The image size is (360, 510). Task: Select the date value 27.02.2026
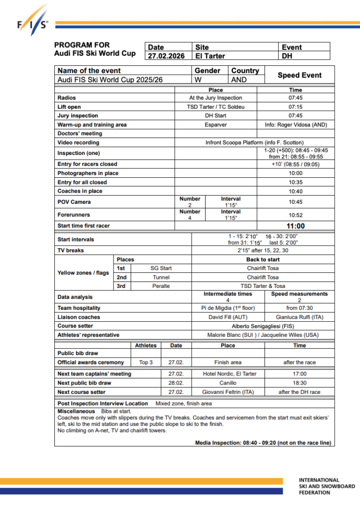tap(166, 56)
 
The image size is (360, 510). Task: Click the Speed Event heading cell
tap(299, 75)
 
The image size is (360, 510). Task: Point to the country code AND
tap(239, 80)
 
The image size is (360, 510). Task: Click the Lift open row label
tap(69, 107)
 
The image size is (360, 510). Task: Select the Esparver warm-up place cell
tap(216, 125)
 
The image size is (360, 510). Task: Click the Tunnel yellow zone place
tap(161, 277)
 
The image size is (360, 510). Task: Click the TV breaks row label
tap(71, 251)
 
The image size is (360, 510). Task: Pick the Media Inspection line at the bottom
tap(263, 443)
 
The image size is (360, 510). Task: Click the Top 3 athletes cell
tap(146, 363)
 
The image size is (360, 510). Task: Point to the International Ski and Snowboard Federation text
tap(327, 486)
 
